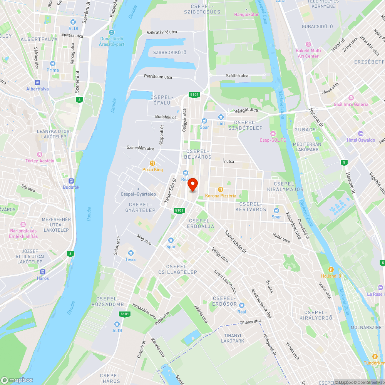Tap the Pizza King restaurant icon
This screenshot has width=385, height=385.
tap(152, 163)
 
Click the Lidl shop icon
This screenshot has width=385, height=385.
tap(221, 117)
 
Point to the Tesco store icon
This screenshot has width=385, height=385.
tap(131, 253)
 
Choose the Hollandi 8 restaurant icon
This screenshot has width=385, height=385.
tap(331, 269)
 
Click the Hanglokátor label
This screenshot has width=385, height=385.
tap(247, 15)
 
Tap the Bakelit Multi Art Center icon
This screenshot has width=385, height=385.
tap(308, 44)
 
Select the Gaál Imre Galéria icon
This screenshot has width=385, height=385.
tap(351, 98)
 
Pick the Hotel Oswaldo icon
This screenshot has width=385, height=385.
tap(361, 134)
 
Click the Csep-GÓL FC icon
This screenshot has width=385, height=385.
tap(273, 134)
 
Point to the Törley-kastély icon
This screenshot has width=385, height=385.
tap(40, 154)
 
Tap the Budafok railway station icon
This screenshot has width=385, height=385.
tap(71, 181)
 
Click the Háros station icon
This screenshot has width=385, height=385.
tap(43, 272)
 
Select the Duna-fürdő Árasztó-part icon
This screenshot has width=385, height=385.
tap(112, 32)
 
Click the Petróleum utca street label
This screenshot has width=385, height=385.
tap(158, 77)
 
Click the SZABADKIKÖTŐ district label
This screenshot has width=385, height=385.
tap(169, 52)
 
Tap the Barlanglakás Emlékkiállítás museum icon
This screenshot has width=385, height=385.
tap(23, 224)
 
